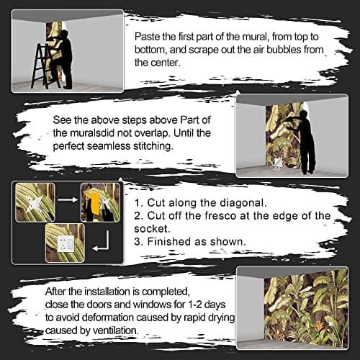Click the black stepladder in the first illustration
(45, 66)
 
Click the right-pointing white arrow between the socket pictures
(68, 199)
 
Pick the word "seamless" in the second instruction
(109, 146)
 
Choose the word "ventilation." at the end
(116, 330)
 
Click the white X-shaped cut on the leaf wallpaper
(36, 204)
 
